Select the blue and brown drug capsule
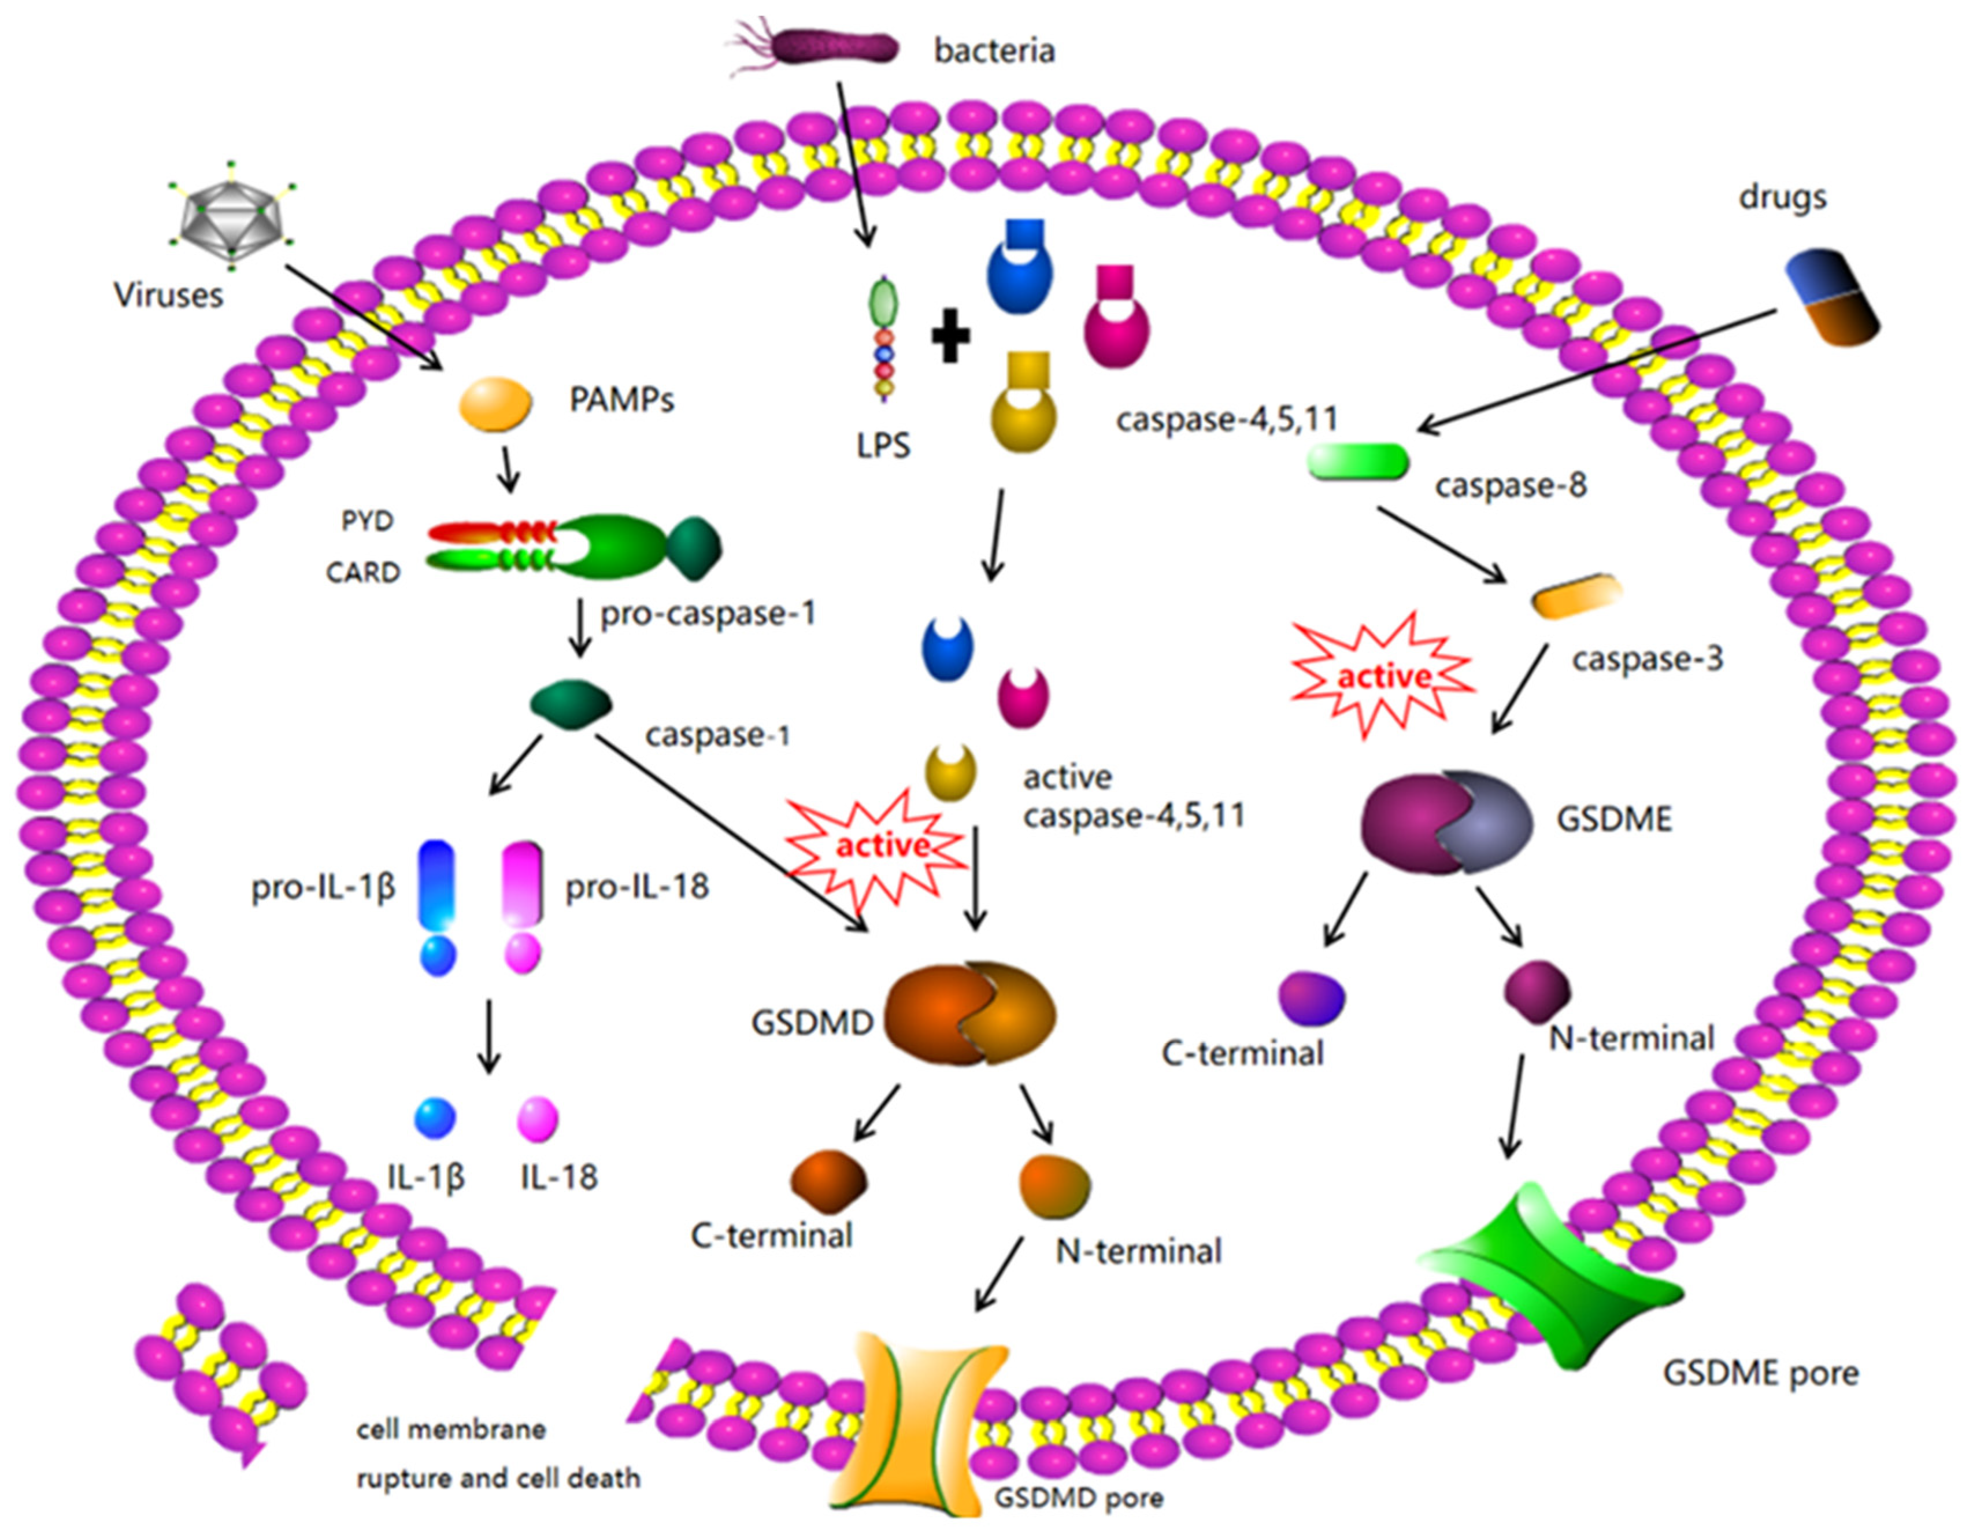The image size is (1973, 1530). pyautogui.click(x=1832, y=298)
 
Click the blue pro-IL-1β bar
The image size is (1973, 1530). pyautogui.click(x=437, y=886)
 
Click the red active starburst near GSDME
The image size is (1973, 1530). pyautogui.click(x=1382, y=677)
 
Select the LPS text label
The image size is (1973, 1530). pyautogui.click(x=883, y=445)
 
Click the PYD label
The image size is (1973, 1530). pyautogui.click(x=367, y=521)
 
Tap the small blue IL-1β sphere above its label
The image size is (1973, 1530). pyautogui.click(x=435, y=1119)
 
